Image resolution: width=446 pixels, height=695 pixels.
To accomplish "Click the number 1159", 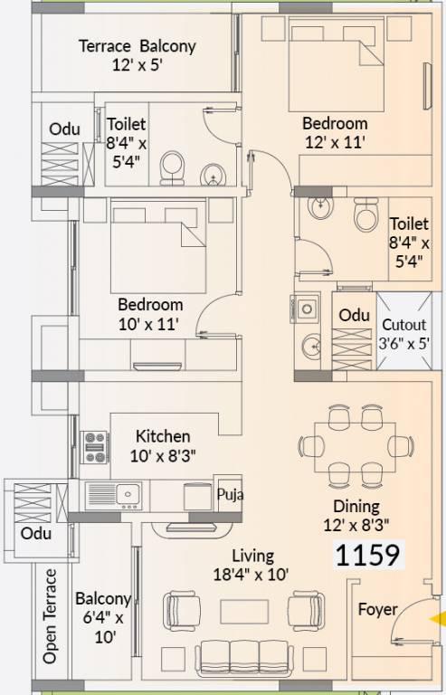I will click(x=368, y=555).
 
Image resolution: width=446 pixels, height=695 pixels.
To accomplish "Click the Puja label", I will click(x=230, y=496).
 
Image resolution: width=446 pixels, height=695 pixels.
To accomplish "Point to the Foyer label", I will click(x=376, y=609).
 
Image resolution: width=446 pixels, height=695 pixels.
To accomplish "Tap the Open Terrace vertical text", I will click(x=51, y=615).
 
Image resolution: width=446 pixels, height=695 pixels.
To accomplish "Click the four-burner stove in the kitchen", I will click(x=95, y=446).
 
